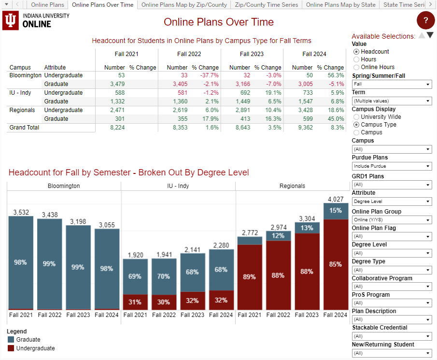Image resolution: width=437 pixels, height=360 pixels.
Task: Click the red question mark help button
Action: click(x=425, y=20)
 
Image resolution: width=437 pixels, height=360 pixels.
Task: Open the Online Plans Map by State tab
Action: click(x=340, y=5)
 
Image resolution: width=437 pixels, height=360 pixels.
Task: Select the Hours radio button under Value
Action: click(x=356, y=59)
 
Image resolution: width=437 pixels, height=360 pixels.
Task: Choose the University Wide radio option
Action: click(x=356, y=117)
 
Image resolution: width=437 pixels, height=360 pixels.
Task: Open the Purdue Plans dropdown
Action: click(x=392, y=166)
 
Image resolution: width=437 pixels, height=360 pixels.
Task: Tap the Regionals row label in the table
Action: click(x=22, y=110)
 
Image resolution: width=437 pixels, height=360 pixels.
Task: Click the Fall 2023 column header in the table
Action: click(x=252, y=54)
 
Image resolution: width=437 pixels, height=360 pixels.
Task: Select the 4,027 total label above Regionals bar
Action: click(x=336, y=199)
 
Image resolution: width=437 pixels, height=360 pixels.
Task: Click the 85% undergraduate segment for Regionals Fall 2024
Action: click(x=336, y=264)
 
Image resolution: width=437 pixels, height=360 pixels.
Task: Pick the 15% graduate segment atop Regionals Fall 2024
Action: click(x=336, y=211)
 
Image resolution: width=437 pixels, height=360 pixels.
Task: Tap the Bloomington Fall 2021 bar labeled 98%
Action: click(x=20, y=262)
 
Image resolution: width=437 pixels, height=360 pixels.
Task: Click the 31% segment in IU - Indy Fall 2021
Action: click(x=135, y=302)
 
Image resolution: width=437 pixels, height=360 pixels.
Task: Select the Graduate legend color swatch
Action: click(x=11, y=340)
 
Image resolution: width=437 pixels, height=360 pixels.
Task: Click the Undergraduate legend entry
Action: click(x=35, y=348)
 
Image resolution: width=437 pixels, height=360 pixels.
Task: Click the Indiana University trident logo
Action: click(x=11, y=21)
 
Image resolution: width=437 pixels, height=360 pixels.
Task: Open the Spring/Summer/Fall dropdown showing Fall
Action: click(x=392, y=85)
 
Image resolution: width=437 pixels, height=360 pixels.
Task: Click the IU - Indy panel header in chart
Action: click(x=178, y=186)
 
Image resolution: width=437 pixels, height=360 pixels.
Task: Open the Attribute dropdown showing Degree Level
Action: click(x=392, y=202)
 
